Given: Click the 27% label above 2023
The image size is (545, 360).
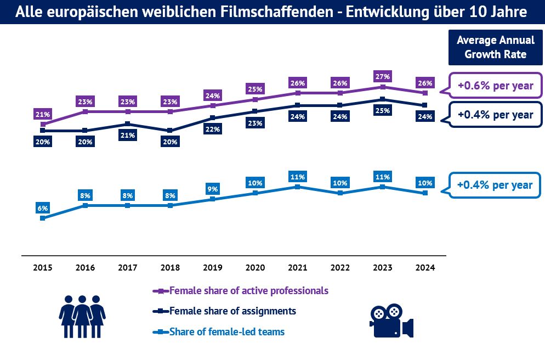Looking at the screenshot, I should tap(383, 76).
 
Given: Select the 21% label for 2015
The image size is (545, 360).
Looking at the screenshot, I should tap(43, 114).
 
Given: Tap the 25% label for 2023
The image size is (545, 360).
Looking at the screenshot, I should tap(383, 110).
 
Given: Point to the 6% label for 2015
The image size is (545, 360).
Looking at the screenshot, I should tap(43, 208).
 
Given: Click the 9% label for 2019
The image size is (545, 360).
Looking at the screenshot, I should tap(213, 189).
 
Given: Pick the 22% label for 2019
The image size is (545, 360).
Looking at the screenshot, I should tap(213, 130).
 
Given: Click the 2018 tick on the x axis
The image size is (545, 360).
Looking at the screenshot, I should tap(170, 268).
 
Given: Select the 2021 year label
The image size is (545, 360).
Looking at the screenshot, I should tap(298, 268).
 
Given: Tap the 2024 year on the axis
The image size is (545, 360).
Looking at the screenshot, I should tap(425, 268).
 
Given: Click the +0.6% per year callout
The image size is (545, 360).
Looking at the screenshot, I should tap(495, 86).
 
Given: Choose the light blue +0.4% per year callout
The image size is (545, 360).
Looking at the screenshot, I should tap(495, 185).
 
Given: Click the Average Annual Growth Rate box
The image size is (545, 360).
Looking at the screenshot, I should tap(495, 47).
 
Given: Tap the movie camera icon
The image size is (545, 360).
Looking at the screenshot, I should tap(391, 320).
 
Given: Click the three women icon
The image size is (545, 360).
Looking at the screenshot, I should tap(82, 316).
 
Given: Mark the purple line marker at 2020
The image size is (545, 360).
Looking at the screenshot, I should tap(256, 99).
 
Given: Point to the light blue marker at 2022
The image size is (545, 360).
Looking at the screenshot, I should tap(340, 193).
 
